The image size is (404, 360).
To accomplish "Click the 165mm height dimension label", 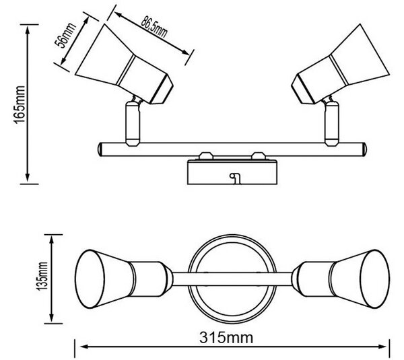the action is [20, 104].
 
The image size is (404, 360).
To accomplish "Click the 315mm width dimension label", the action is [226, 338].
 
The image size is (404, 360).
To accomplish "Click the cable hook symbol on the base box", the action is [235, 178].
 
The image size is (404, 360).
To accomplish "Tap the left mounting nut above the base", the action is [206, 156].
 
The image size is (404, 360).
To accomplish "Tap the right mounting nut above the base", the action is [259, 156].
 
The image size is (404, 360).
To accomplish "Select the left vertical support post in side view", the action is [133, 124].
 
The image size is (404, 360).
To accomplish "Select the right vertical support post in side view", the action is [331, 124].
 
